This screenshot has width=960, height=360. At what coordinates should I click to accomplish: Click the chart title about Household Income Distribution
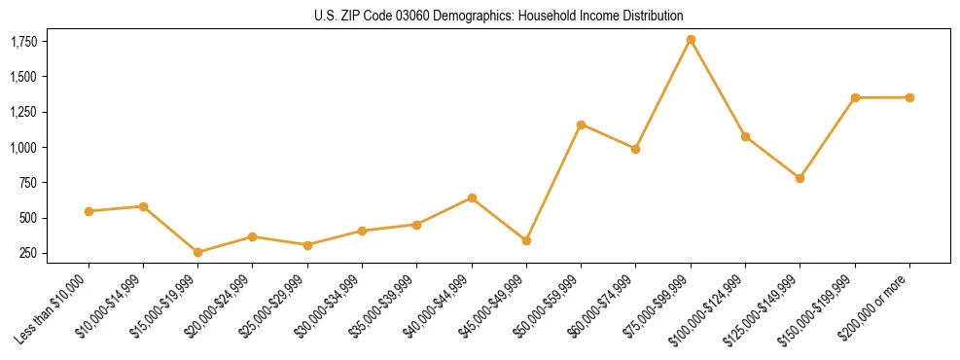tap(499, 17)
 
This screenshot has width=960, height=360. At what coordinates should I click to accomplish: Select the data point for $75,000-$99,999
tap(691, 40)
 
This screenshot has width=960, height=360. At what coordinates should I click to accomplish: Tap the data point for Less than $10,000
tap(89, 211)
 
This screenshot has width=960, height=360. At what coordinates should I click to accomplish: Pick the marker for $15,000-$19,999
tap(198, 252)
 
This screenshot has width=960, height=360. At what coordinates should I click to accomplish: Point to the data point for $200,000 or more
tap(909, 97)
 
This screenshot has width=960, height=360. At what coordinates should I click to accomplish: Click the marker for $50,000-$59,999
tap(581, 125)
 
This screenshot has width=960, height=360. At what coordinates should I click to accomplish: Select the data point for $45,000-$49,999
tap(526, 240)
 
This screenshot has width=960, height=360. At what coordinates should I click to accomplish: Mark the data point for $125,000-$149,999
tap(800, 178)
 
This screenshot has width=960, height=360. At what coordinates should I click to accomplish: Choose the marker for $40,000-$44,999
tap(472, 198)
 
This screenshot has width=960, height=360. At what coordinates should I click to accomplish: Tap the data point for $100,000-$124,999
tap(745, 136)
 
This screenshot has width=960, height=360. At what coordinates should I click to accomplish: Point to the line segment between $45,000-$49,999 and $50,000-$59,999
tap(553, 183)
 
